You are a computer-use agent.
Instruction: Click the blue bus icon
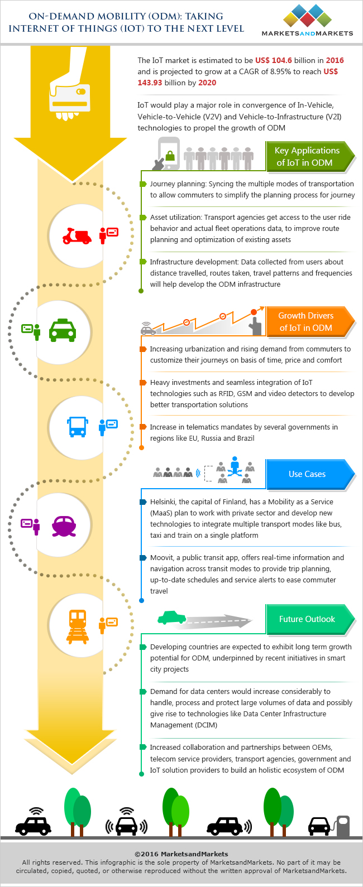click(x=77, y=426)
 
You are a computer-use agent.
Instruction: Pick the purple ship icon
click(x=64, y=525)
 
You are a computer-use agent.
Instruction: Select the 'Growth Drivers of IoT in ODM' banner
click(x=308, y=321)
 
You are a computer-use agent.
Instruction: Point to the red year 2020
click(x=207, y=83)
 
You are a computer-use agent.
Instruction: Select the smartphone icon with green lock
click(x=169, y=154)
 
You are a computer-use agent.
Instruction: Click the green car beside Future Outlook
click(x=171, y=617)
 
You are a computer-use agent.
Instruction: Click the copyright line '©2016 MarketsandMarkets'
click(x=181, y=854)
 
